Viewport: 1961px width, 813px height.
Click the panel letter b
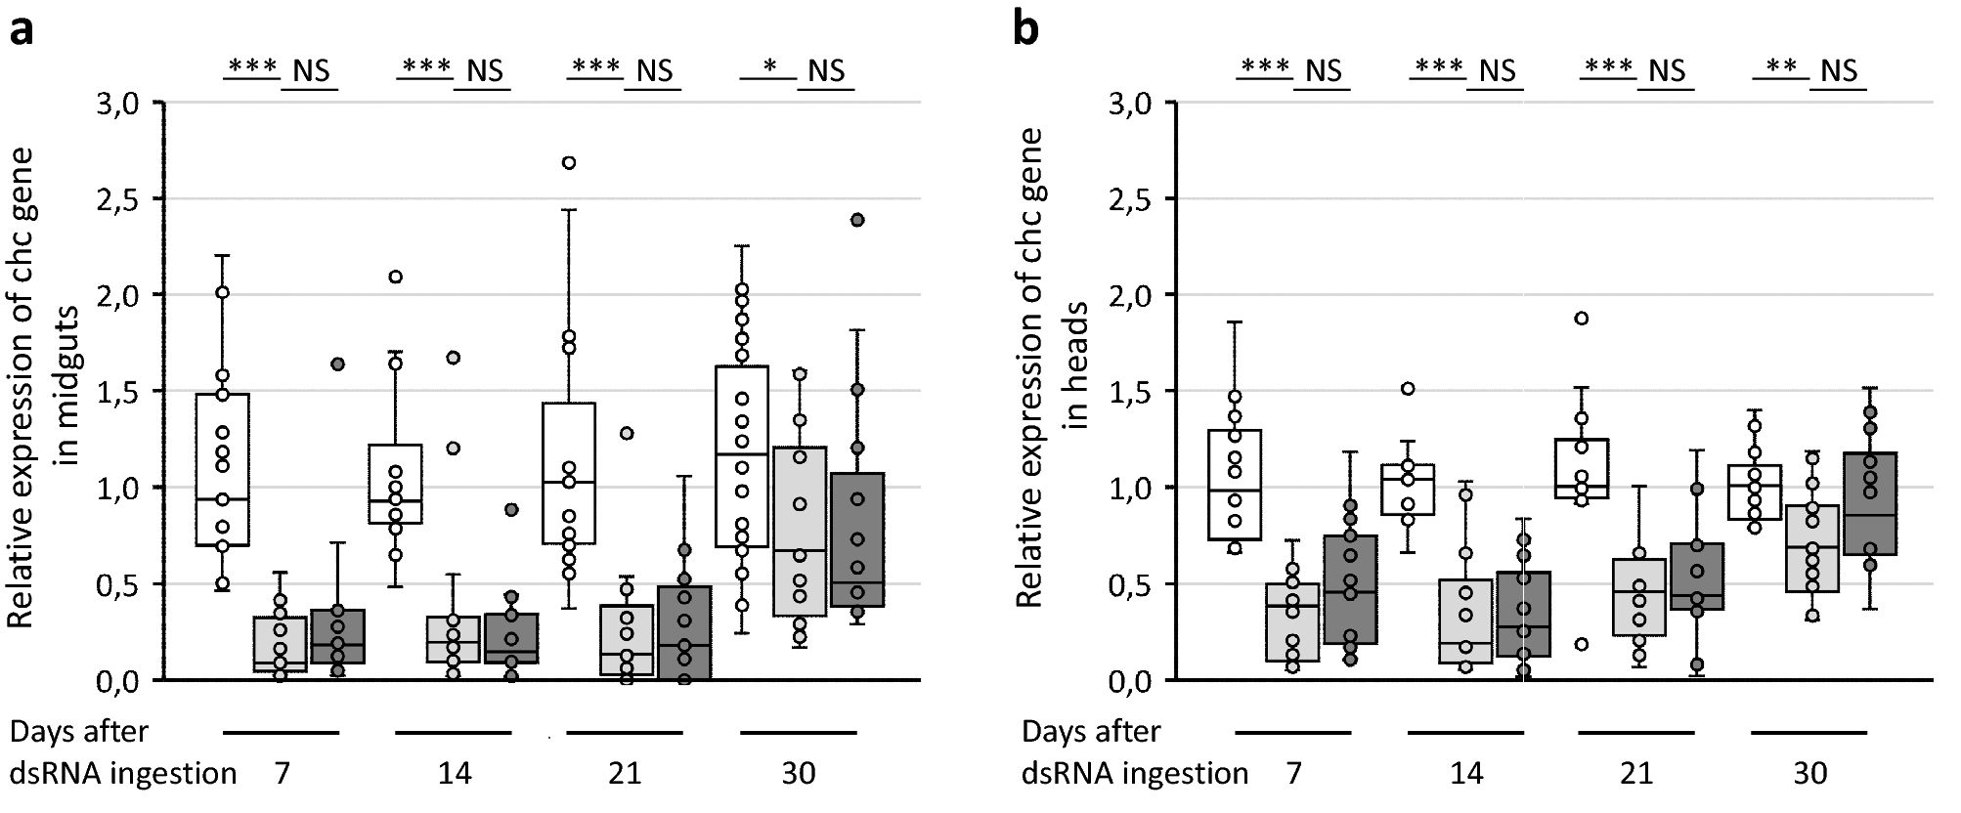1026,28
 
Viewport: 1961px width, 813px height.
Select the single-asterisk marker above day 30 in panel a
769,68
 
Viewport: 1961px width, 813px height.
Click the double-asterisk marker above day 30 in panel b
1781,68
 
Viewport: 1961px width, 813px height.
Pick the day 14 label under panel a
455,774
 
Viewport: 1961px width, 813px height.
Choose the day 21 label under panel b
1636,774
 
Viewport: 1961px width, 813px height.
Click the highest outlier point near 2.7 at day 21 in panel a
569,163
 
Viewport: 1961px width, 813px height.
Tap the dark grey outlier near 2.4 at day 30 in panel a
857,221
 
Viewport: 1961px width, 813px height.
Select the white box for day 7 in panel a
222,469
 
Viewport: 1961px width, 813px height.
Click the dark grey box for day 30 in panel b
1869,503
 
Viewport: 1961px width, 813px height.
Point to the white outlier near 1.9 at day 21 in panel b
1582,319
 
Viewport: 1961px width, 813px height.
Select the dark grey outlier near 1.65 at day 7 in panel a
337,364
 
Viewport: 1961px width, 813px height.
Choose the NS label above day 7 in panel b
1324,70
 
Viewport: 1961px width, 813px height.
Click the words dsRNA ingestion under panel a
123,774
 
